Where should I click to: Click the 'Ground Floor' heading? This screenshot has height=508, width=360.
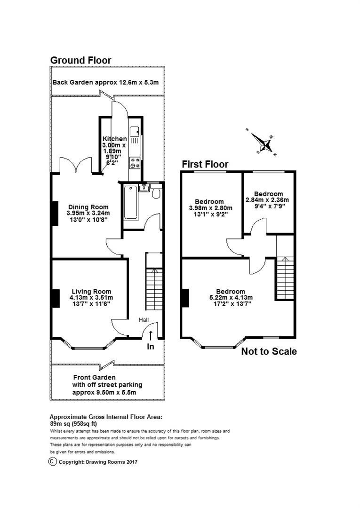point(80,60)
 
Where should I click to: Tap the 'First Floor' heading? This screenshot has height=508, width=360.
point(205,164)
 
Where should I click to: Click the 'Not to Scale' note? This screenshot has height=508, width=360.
point(269,351)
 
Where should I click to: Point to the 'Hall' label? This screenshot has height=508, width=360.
point(144,320)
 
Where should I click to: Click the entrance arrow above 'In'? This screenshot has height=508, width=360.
point(151,335)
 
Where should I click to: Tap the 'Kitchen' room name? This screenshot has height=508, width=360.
point(115,139)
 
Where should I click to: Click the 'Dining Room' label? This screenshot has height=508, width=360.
point(88,207)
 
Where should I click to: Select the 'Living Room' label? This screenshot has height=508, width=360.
point(92,292)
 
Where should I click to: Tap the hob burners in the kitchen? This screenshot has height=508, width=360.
point(136,162)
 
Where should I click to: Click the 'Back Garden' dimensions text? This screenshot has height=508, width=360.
point(105,82)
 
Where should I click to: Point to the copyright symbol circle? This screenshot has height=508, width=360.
point(52,461)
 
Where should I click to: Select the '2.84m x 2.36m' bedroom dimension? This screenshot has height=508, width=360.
point(267,200)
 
